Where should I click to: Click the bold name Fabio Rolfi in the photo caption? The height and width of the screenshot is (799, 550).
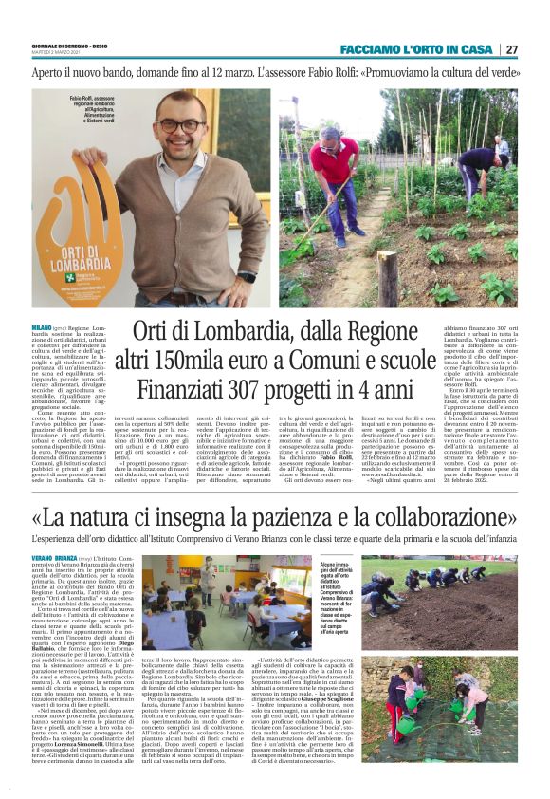(x=82, y=96)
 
